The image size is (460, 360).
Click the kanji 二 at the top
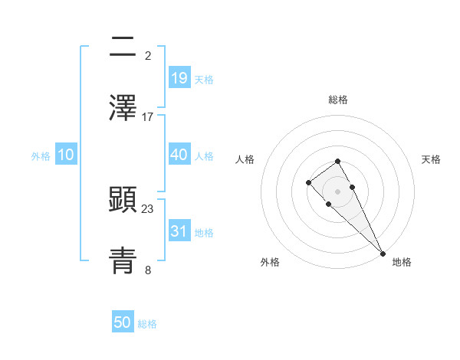click(123, 47)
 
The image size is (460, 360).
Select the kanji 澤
click(123, 108)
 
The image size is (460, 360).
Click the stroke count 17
click(148, 117)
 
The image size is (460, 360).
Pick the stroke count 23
click(148, 208)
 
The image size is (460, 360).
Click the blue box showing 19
click(179, 78)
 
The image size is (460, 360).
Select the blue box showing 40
click(179, 155)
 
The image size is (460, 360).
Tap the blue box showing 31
click(179, 231)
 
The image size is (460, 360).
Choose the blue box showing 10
click(65, 155)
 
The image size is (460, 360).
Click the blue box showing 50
click(123, 322)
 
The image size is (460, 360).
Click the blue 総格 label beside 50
click(147, 324)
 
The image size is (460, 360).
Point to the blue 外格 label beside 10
click(41, 156)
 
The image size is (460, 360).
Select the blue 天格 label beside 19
click(204, 80)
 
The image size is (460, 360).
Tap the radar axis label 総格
click(338, 100)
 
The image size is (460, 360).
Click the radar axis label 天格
click(432, 159)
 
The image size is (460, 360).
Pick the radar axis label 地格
click(402, 263)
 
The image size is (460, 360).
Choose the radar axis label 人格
click(245, 159)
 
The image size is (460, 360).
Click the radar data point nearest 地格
click(383, 254)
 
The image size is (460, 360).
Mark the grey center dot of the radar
click(338, 191)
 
